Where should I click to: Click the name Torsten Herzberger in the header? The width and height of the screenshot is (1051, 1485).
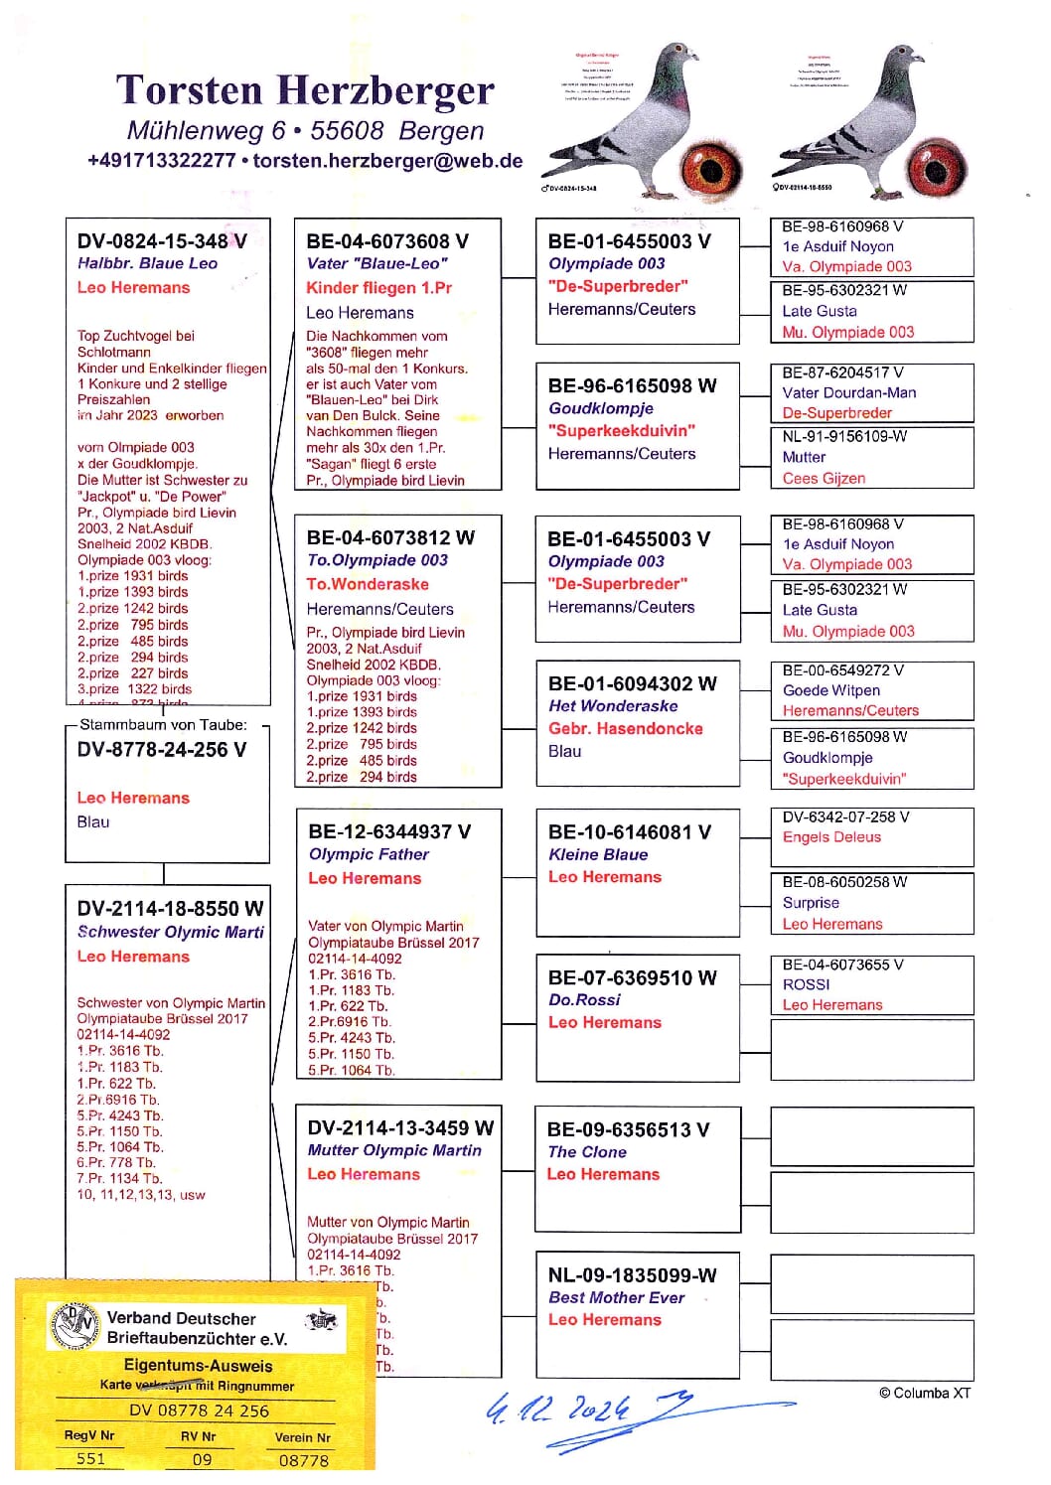(304, 90)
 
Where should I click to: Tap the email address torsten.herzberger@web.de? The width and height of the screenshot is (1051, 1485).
(387, 161)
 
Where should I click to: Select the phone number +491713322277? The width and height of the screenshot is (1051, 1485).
(161, 161)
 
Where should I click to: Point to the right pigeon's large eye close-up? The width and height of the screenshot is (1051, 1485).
(936, 163)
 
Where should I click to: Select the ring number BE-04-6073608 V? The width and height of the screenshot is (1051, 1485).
(387, 241)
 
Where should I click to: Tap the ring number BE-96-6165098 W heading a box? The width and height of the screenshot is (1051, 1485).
(632, 386)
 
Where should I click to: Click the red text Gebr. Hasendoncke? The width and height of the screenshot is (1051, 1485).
(625, 728)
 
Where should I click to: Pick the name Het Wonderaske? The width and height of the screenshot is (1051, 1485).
(613, 706)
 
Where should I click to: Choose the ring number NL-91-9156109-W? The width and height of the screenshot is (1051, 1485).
(844, 436)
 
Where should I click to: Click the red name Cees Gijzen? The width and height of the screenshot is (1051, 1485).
(824, 479)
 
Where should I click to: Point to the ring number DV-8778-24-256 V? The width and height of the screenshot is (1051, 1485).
(162, 750)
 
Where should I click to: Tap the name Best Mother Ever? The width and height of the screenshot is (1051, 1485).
(616, 1297)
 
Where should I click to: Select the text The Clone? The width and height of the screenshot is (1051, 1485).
(587, 1152)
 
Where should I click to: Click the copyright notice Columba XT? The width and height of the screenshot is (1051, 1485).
(924, 1393)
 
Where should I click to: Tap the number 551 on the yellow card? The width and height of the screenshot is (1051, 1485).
(90, 1458)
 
